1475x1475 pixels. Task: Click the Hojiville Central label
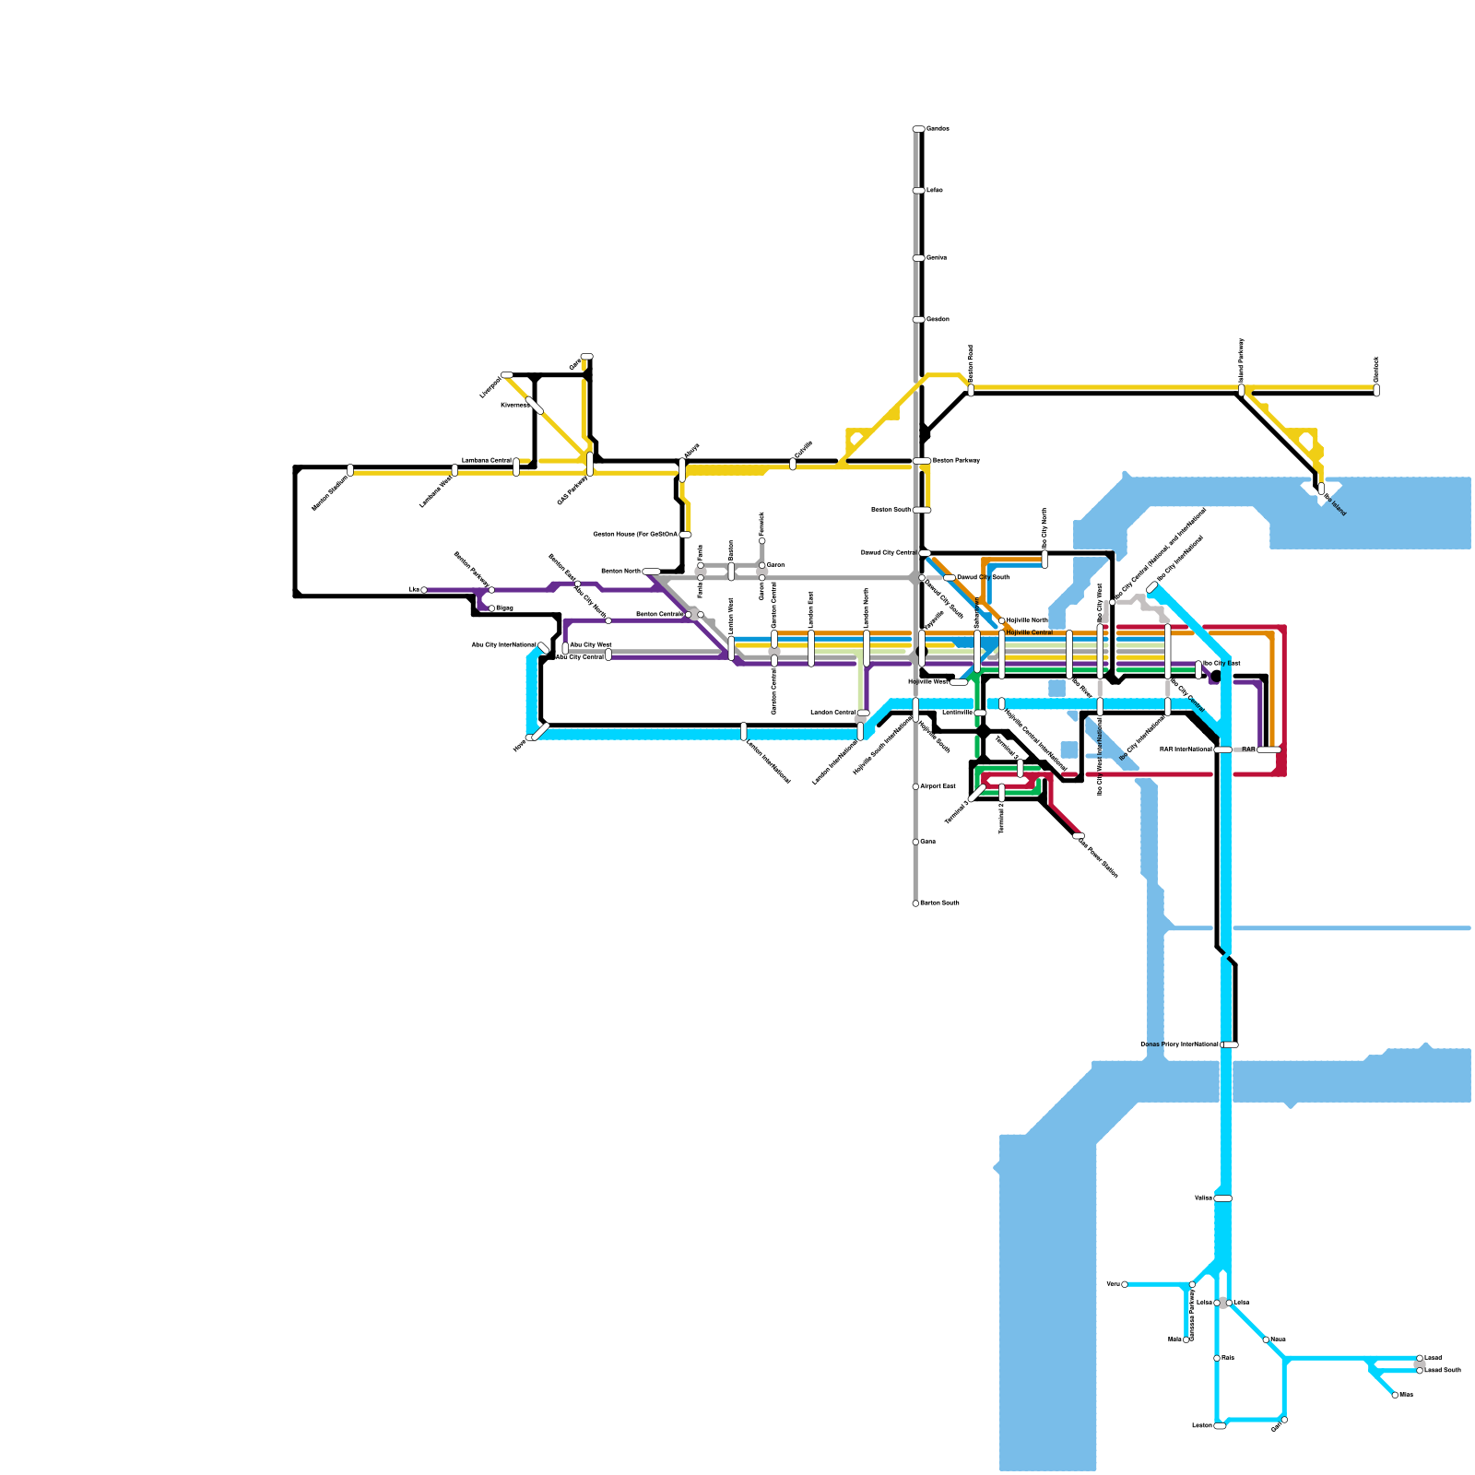(1030, 632)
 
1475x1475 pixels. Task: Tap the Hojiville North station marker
(1002, 620)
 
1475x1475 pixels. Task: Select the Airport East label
(938, 786)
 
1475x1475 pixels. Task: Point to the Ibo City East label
(1221, 663)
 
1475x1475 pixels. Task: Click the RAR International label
(1186, 749)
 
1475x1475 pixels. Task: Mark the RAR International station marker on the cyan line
(1222, 749)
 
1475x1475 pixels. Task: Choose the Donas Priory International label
(1179, 1044)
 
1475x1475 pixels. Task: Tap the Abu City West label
(591, 644)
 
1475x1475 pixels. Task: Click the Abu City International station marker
(542, 646)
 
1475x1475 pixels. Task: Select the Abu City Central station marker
(608, 655)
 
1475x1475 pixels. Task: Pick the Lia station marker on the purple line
(424, 589)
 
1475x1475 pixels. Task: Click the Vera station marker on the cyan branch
(1125, 1284)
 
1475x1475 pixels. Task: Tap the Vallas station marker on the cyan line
(1222, 1198)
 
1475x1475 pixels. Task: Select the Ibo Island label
(1336, 505)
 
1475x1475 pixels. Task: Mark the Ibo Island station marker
(1321, 488)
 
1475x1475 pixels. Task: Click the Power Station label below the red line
(1097, 856)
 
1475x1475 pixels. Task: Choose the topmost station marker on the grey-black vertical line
(918, 129)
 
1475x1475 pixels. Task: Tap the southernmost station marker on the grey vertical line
(915, 903)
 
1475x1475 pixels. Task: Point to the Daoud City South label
(983, 577)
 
